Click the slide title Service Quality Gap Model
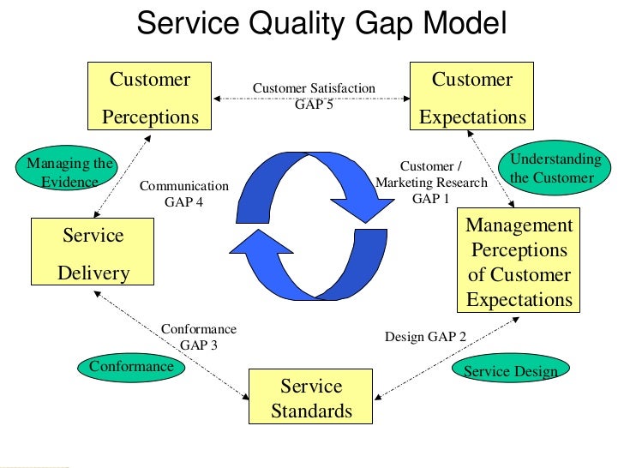pyautogui.click(x=321, y=23)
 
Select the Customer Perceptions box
pyautogui.click(x=150, y=97)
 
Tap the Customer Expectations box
pyautogui.click(x=471, y=97)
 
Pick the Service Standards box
pyautogui.click(x=311, y=398)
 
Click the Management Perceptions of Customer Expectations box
pyautogui.click(x=519, y=261)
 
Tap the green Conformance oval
pyautogui.click(x=131, y=367)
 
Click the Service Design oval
pyautogui.click(x=510, y=371)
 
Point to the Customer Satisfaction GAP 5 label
pyautogui.click(x=313, y=95)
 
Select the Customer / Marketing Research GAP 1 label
pyautogui.click(x=431, y=182)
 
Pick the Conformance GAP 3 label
pyautogui.click(x=198, y=336)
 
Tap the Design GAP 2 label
pyautogui.click(x=425, y=337)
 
